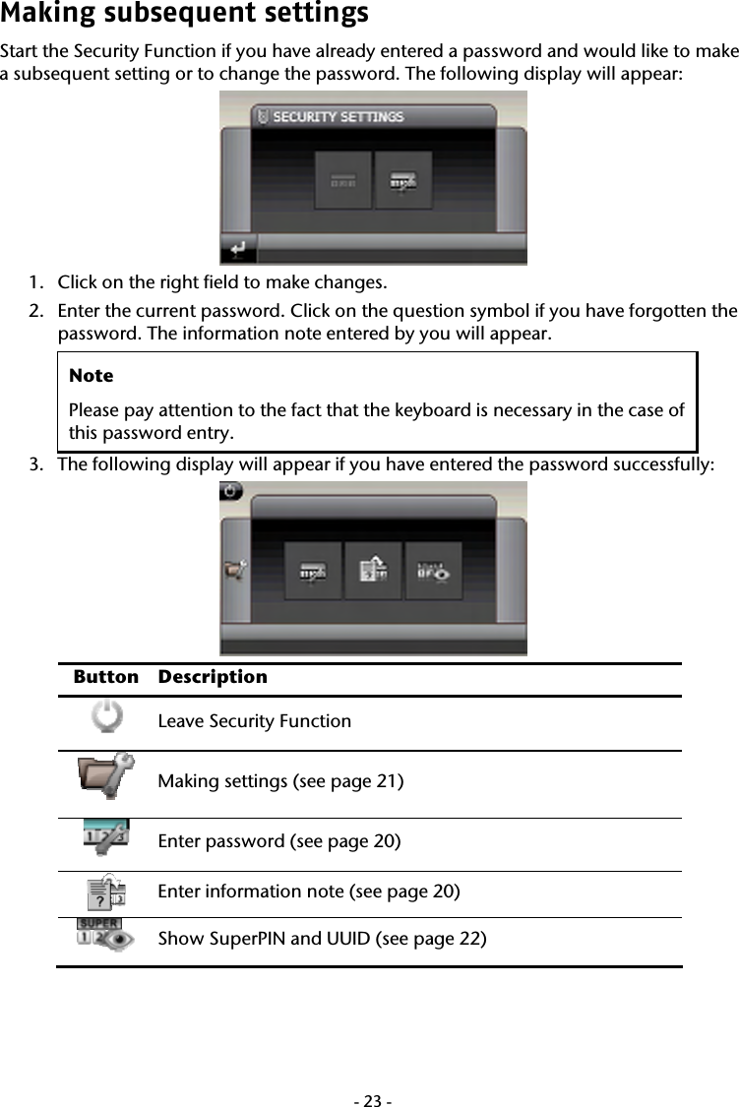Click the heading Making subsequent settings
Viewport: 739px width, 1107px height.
184,15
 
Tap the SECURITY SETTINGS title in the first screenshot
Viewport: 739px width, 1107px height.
338,116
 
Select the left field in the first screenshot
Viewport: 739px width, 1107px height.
343,180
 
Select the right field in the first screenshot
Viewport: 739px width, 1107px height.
403,180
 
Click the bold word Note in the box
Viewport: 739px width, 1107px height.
91,376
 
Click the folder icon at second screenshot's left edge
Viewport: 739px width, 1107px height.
234,570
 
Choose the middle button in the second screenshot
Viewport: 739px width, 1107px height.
373,571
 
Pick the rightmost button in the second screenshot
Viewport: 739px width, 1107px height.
434,571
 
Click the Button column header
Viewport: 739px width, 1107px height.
105,677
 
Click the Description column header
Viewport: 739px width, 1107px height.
213,677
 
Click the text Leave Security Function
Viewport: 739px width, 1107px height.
254,721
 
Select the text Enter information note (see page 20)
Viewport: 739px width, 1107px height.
308,892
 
